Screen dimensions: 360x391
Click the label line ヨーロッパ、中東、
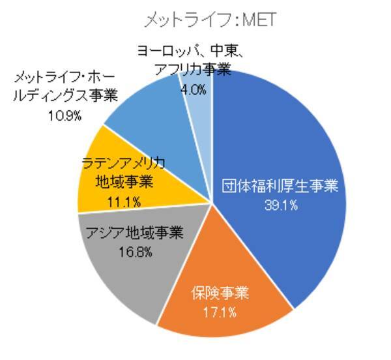tap(195, 52)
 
